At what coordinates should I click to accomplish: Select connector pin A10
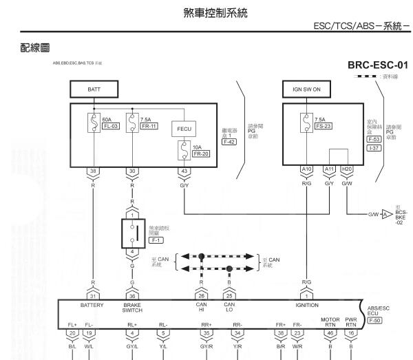pyautogui.click(x=306, y=171)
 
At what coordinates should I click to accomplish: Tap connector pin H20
pyautogui.click(x=348, y=171)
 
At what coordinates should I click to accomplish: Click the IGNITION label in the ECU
pyautogui.click(x=306, y=303)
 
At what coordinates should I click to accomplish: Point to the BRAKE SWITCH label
pyautogui.click(x=131, y=307)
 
